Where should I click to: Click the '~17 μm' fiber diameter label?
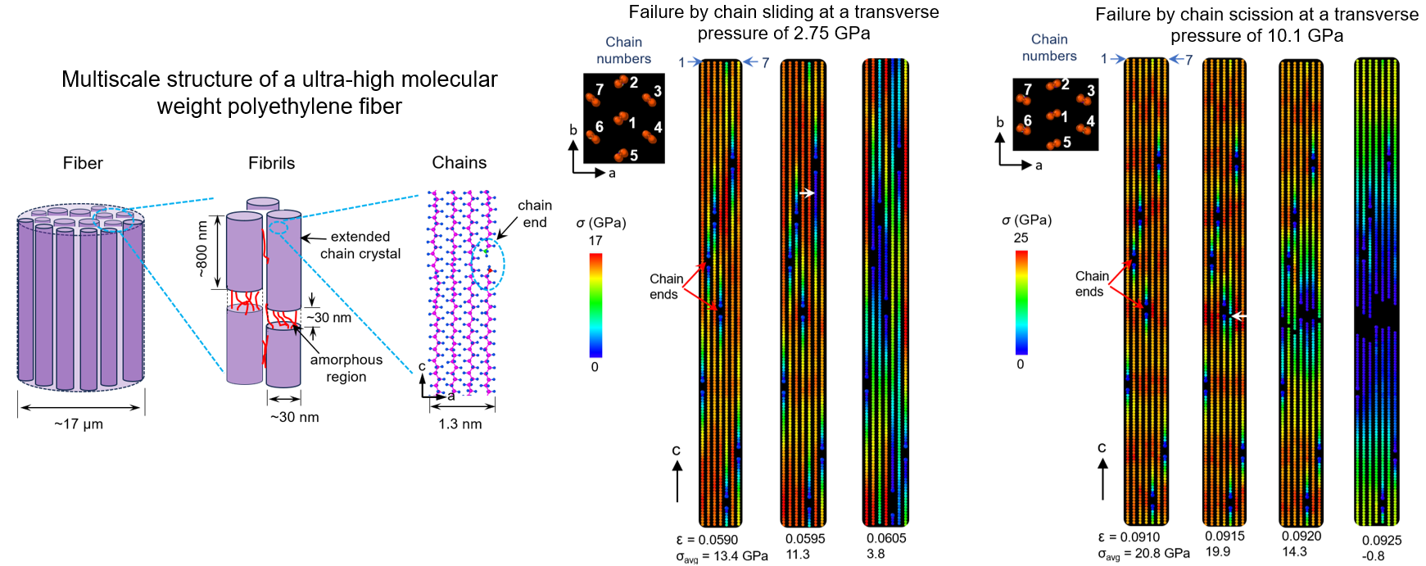coord(79,424)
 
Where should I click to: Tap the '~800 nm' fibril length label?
coord(201,250)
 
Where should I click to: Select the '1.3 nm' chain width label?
coord(460,424)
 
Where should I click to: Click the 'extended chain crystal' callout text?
coord(360,245)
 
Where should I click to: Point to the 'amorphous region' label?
coord(346,368)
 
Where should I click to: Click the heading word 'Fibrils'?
coord(271,163)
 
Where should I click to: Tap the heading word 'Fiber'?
coord(83,163)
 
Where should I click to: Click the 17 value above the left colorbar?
coord(595,241)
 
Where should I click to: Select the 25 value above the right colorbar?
coord(1021,238)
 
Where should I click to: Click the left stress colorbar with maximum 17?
coord(595,305)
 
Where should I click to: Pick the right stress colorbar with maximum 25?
coord(1021,301)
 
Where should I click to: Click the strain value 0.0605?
coord(886,538)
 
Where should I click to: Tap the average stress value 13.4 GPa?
coord(740,556)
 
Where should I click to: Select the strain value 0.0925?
coord(1382,541)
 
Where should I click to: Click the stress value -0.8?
coord(1373,556)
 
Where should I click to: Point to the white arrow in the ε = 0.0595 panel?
coord(807,193)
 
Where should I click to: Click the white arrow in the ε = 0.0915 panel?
coord(1239,315)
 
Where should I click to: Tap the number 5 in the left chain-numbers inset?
coord(634,156)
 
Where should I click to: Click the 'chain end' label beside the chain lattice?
coord(534,214)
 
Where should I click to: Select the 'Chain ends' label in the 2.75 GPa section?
coord(665,287)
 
